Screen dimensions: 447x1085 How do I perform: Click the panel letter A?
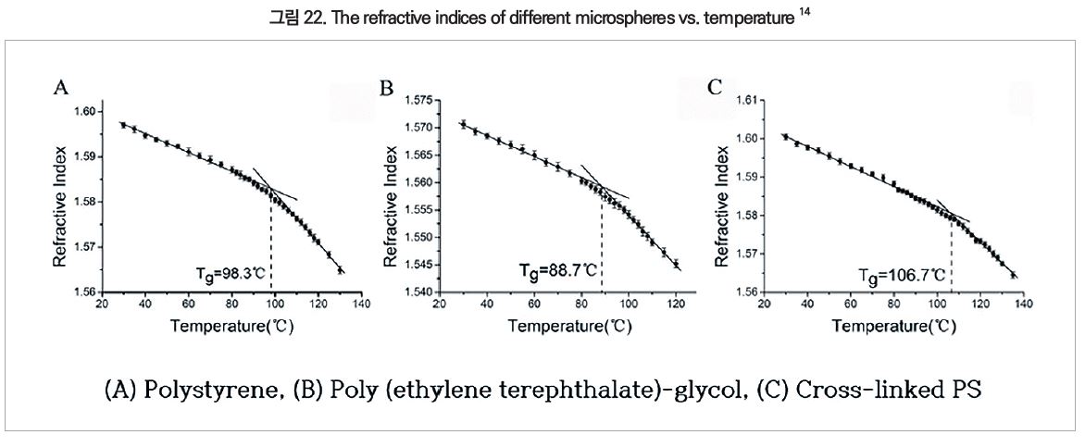tap(61, 88)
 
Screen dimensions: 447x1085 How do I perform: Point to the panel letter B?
tap(387, 88)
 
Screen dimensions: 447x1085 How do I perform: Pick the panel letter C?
tap(714, 88)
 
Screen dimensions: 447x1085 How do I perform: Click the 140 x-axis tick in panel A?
tap(362, 303)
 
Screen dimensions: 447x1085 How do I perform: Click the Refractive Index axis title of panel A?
tap(60, 202)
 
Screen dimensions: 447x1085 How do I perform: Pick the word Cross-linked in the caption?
tap(863, 389)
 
